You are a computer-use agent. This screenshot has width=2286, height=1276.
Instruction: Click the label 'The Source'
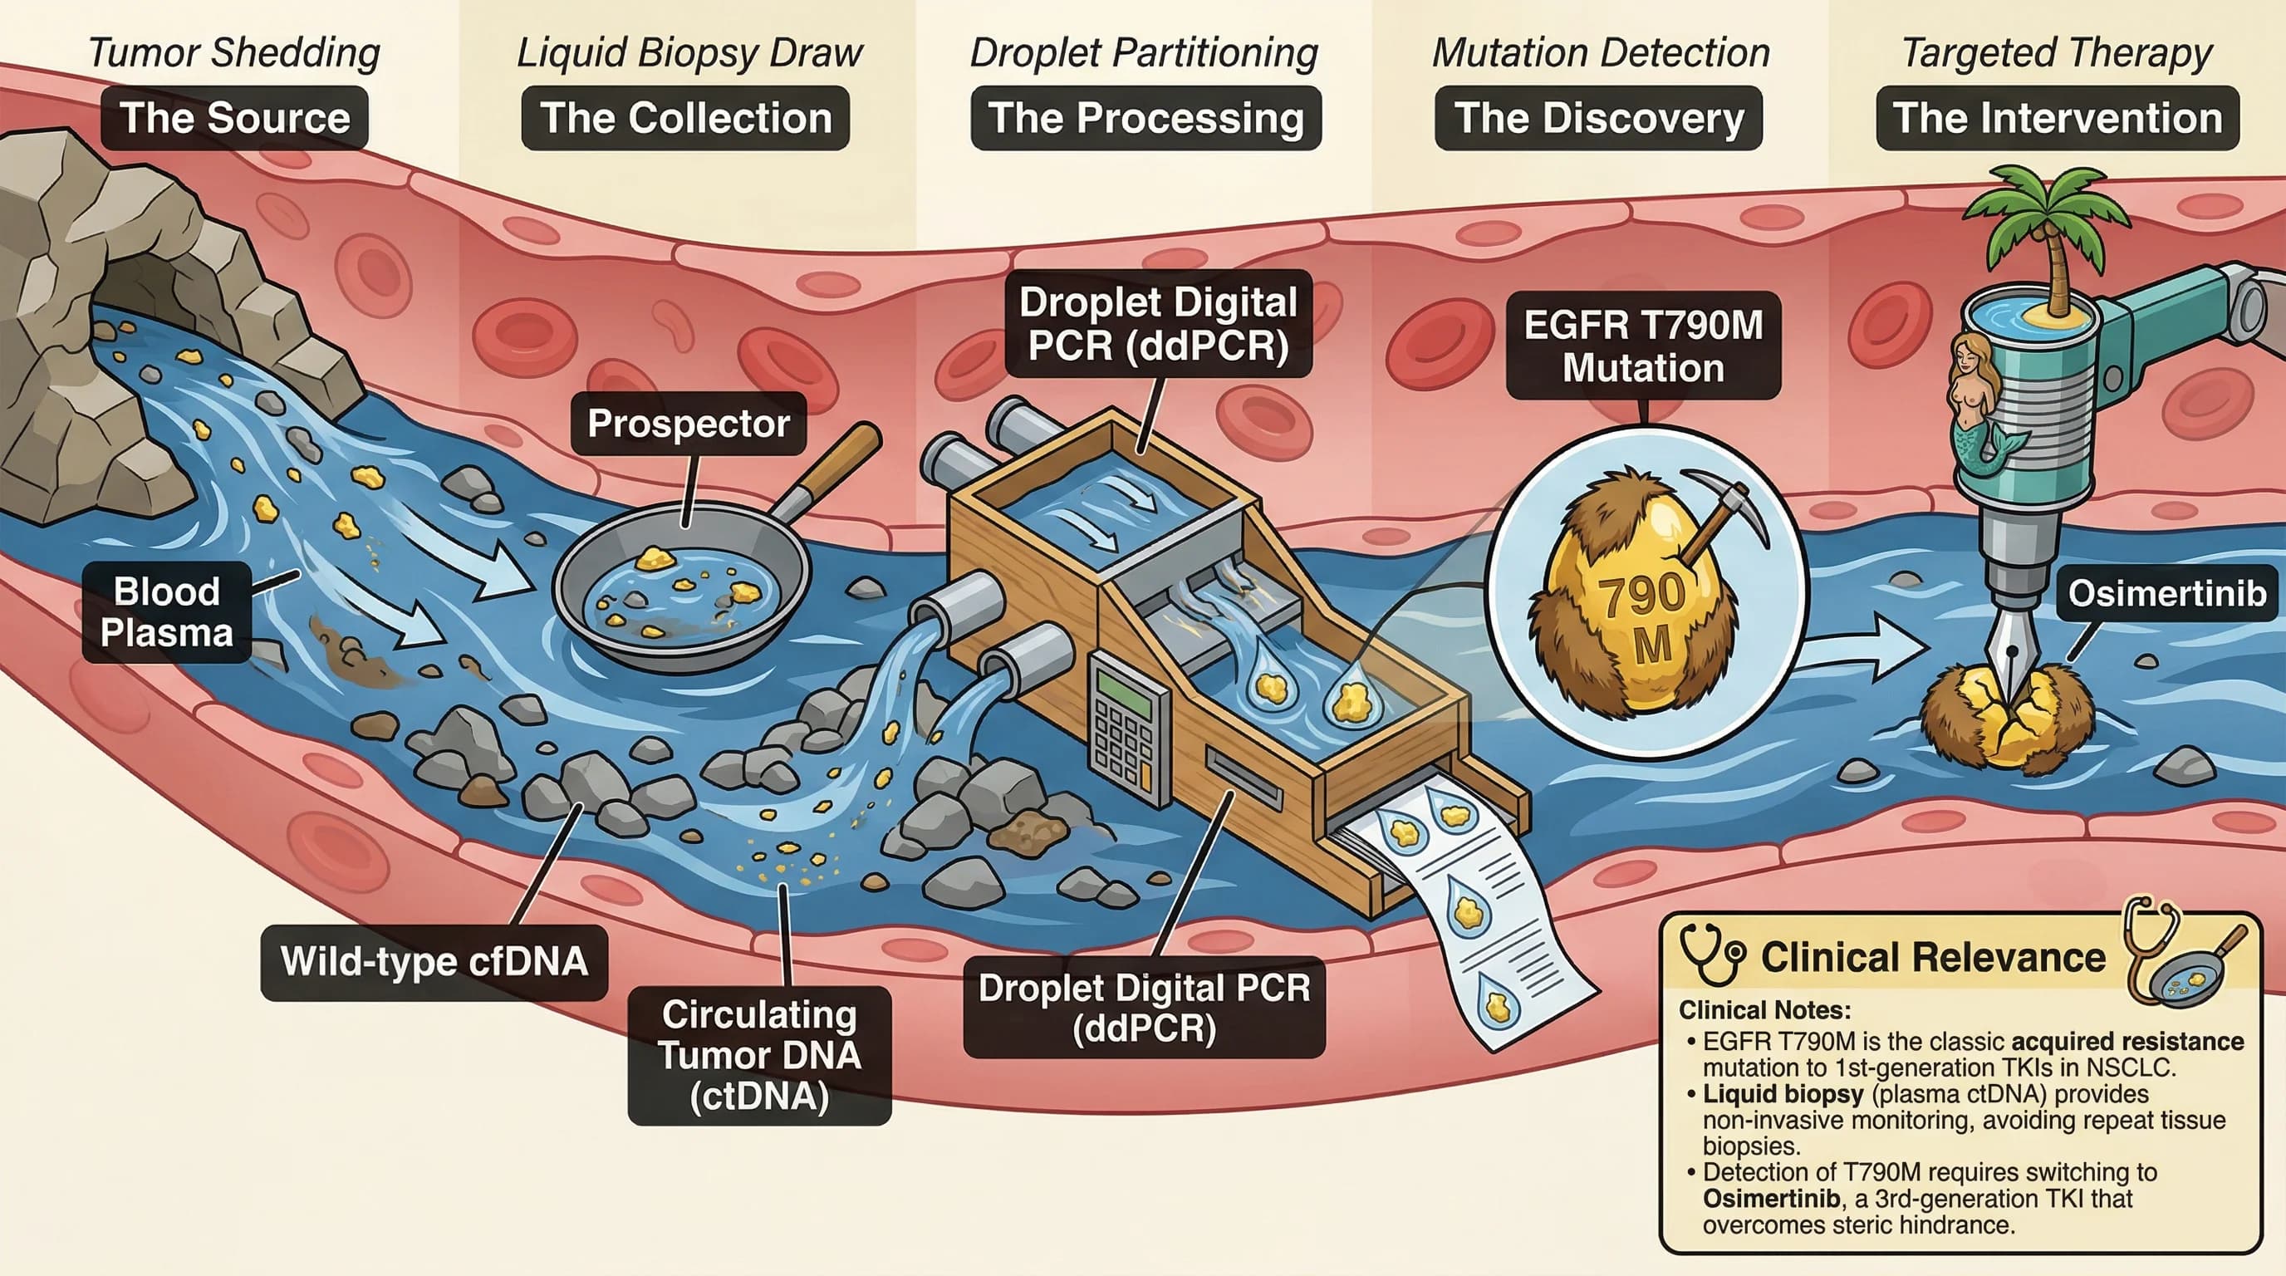pos(234,118)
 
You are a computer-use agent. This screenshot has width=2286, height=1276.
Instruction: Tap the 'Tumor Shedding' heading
pos(234,53)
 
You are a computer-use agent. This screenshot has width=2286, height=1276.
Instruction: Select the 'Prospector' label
pos(688,424)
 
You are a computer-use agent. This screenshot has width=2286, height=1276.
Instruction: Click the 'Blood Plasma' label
pos(166,612)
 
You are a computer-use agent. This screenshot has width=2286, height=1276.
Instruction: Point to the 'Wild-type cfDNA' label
pos(434,962)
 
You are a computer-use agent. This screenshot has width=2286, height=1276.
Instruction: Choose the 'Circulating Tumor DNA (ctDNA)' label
pos(758,1055)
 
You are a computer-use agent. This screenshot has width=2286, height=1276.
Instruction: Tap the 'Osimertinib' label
pos(2166,593)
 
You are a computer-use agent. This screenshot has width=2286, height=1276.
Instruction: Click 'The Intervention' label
pos(2057,118)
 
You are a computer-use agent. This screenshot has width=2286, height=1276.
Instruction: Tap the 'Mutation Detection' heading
pos(1601,53)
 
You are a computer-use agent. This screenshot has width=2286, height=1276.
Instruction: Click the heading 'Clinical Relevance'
pos(1933,958)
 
